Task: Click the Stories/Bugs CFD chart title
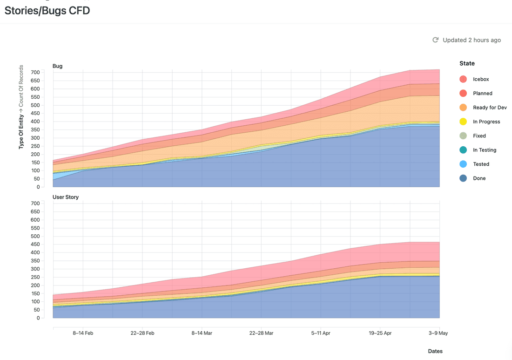(47, 11)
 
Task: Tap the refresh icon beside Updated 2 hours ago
(435, 40)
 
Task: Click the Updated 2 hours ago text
(472, 40)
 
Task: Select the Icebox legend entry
(481, 79)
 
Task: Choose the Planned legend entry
(482, 93)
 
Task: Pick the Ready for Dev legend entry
(490, 108)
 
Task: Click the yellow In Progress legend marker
(463, 122)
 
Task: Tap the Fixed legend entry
(479, 136)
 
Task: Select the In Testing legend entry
(485, 150)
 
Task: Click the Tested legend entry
(481, 164)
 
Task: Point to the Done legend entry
(479, 178)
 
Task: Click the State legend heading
(467, 63)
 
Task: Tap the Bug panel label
(57, 66)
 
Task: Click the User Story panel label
(66, 197)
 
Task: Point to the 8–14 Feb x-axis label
(83, 333)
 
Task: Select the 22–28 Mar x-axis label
(261, 333)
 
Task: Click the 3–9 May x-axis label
(438, 333)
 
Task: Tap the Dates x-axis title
(435, 351)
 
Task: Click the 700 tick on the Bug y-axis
(35, 72)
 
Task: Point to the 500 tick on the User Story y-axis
(35, 236)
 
